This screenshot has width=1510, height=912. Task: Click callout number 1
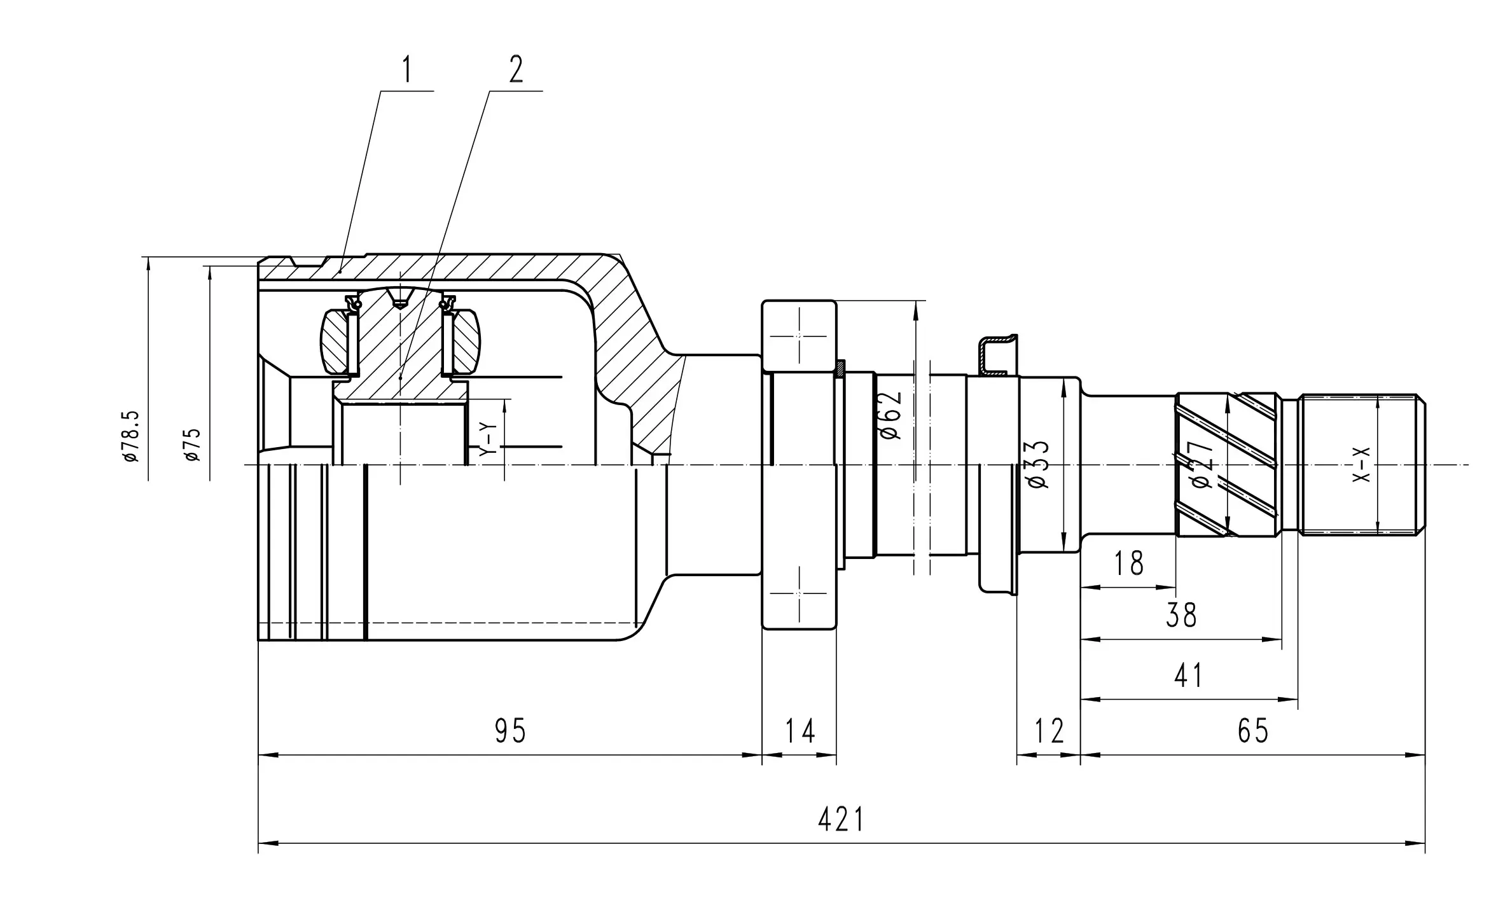(406, 71)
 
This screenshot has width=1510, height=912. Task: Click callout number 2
(516, 70)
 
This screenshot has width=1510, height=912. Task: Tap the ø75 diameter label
(191, 444)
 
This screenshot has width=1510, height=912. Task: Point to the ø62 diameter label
(890, 414)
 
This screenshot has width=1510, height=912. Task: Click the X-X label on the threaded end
(1361, 464)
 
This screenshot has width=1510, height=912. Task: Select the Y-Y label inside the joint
(487, 438)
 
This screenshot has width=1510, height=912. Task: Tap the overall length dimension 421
(841, 820)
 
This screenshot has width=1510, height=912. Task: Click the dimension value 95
(510, 731)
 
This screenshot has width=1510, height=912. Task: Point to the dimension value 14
(800, 731)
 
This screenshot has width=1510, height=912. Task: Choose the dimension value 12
(1049, 731)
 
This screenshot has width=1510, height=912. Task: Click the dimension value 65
(1253, 731)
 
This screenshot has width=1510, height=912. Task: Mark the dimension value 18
(1129, 563)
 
